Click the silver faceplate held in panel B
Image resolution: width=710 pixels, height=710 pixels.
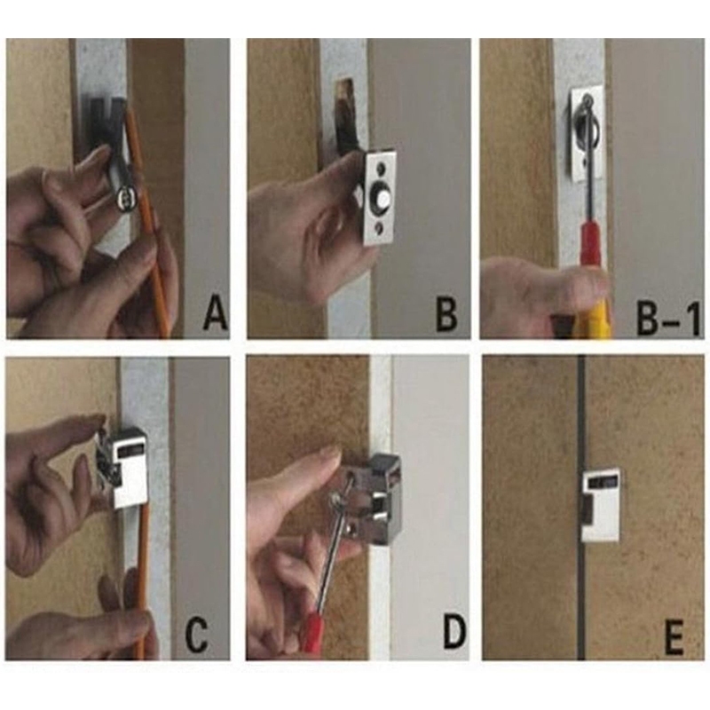(380, 197)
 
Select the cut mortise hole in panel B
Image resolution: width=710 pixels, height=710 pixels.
(345, 115)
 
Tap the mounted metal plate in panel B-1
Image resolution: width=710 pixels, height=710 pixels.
(586, 131)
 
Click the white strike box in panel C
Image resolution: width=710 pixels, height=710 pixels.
(131, 468)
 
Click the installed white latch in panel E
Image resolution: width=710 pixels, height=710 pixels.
(601, 506)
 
